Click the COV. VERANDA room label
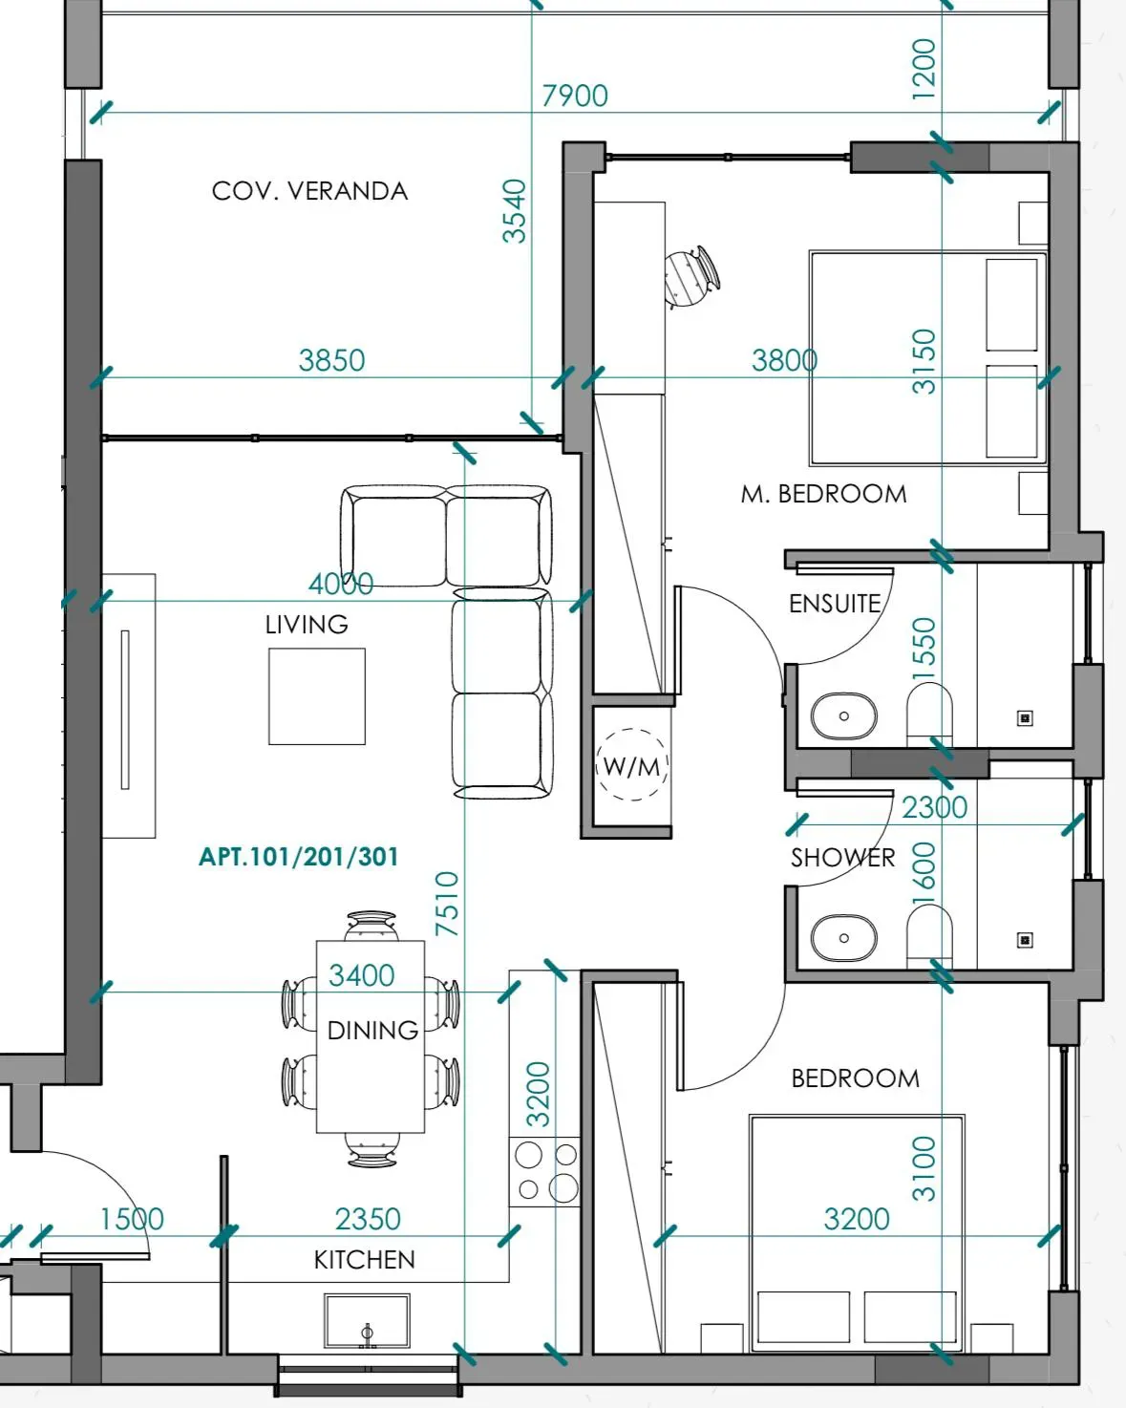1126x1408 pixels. click(x=309, y=191)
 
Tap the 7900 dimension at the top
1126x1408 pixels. click(x=575, y=96)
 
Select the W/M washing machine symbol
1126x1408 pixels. click(x=632, y=765)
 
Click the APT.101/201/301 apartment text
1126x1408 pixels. click(x=298, y=857)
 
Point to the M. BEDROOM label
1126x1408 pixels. click(x=823, y=494)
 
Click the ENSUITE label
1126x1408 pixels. click(x=835, y=604)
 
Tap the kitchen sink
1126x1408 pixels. click(x=367, y=1321)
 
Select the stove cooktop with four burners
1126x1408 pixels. click(x=545, y=1172)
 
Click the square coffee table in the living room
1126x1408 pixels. click(x=317, y=696)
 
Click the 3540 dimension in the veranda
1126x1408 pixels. click(x=514, y=211)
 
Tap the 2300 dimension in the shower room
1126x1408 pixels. click(x=934, y=807)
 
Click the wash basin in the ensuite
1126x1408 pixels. click(x=844, y=715)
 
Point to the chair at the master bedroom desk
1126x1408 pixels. click(x=692, y=277)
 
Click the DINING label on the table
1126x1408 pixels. click(x=372, y=1031)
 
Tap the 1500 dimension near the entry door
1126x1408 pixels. click(x=132, y=1219)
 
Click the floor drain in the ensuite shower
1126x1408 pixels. click(x=1025, y=718)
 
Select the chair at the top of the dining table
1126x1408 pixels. click(x=371, y=926)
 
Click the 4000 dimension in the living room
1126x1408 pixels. click(x=341, y=584)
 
